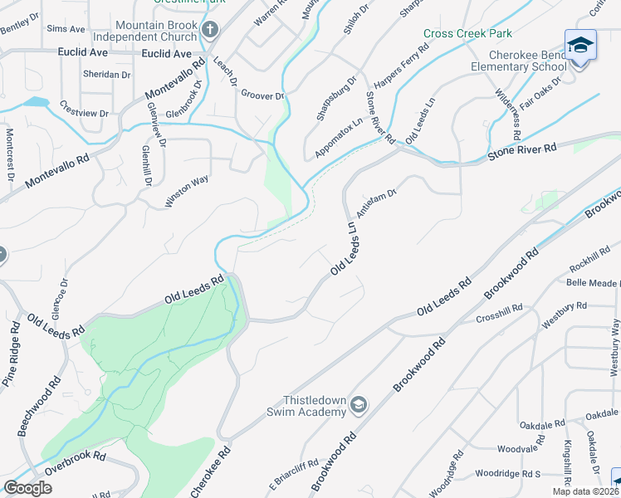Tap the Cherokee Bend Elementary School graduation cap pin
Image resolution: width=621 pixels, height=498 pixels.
click(x=580, y=46)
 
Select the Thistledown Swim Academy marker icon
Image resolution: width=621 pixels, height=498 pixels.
click(x=359, y=404)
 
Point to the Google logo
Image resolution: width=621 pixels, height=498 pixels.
click(x=27, y=488)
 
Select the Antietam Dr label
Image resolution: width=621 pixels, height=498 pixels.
click(x=377, y=201)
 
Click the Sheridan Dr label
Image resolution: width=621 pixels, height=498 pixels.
click(x=106, y=74)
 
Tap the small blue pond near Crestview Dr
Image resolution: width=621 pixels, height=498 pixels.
click(x=36, y=102)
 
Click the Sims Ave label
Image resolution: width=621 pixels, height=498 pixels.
click(x=66, y=28)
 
